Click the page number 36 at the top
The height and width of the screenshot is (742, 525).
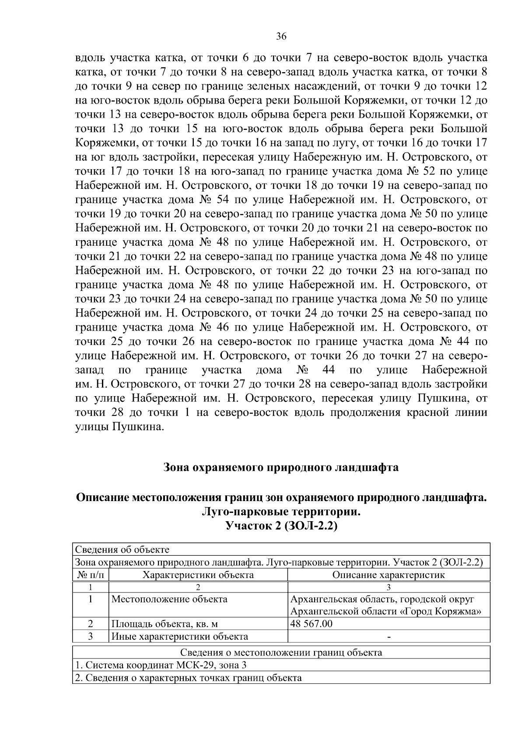pos(281,37)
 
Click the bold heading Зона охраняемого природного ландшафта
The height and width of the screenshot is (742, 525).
pos(281,467)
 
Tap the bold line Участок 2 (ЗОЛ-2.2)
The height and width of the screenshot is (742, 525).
pos(281,526)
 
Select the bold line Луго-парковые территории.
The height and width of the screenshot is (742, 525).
pos(281,512)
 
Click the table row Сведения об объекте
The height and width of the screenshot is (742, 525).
pos(122,550)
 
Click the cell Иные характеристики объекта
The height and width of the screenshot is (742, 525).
pos(180,637)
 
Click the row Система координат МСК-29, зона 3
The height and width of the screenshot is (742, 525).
pos(162,665)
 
